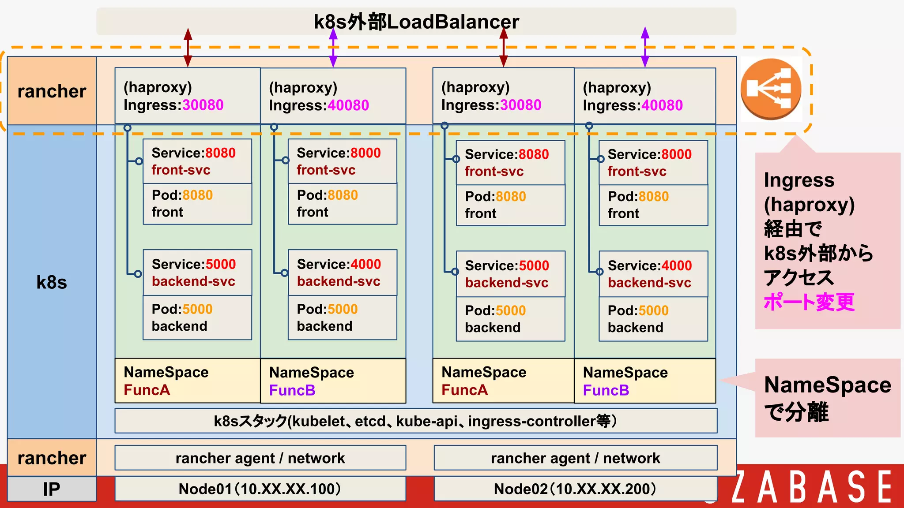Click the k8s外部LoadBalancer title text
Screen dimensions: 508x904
click(416, 22)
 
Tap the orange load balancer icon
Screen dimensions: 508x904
click(771, 89)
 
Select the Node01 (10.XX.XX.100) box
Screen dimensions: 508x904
click(260, 489)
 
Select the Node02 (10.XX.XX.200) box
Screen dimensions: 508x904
click(575, 489)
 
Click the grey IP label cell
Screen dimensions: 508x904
click(52, 489)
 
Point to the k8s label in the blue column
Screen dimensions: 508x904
click(52, 282)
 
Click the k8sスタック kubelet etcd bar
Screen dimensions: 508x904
click(415, 421)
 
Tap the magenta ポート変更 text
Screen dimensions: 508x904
click(809, 302)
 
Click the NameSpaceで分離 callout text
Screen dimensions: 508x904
click(827, 398)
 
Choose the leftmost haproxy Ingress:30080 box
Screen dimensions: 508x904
click(187, 96)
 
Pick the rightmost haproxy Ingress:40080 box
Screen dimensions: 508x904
click(644, 96)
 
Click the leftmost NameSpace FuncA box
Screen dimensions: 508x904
click(187, 381)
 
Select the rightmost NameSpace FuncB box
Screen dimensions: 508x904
click(644, 381)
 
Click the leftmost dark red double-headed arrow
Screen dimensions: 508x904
click(188, 48)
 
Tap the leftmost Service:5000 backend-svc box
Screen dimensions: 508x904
click(197, 273)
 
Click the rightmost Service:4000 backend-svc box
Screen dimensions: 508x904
click(653, 274)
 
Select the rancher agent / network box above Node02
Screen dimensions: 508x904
click(575, 458)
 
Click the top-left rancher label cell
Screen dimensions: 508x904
click(52, 91)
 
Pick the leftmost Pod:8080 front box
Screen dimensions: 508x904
click(197, 204)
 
